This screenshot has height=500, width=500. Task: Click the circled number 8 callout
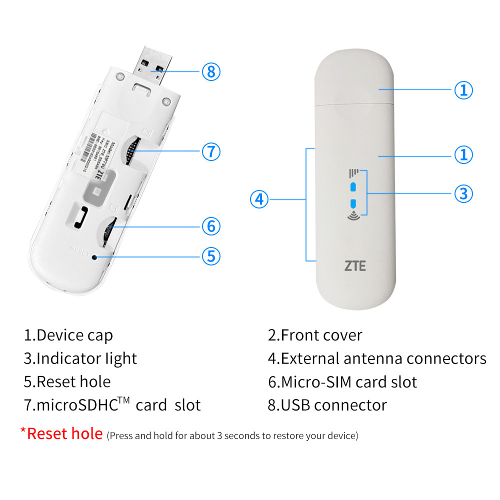coord(211,71)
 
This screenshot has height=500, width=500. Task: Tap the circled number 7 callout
coord(211,151)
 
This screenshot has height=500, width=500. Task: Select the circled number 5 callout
coord(211,256)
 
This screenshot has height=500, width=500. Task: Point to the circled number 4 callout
coord(259,200)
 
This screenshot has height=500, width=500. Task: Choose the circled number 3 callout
coord(463,193)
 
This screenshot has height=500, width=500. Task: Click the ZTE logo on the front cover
coord(354,265)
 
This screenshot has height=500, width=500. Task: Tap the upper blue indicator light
coord(353,186)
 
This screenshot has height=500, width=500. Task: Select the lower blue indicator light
coord(353,203)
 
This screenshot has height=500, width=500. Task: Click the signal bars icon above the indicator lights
coord(353,173)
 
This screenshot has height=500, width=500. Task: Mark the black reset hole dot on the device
coord(94,257)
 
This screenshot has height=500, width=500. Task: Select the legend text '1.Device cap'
coord(68,335)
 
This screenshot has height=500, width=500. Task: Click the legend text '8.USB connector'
coord(327,404)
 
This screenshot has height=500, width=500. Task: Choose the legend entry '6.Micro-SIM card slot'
coord(342,382)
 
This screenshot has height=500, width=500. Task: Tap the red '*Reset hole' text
coord(61,433)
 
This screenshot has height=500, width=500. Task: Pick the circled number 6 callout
coord(211,226)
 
